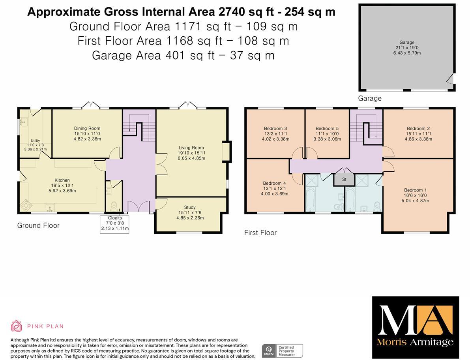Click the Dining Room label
[x=87, y=128]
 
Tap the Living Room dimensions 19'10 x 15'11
[x=192, y=153]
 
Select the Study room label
[x=190, y=207]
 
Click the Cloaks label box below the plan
[x=115, y=223]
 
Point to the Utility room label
[x=35, y=141]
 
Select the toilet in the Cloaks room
[x=114, y=205]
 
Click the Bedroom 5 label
[x=327, y=129]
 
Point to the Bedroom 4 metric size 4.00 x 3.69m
[x=275, y=193]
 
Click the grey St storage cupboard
[x=344, y=179]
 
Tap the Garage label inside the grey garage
[x=406, y=42]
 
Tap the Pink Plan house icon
[x=16, y=326]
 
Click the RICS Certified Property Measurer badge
[x=283, y=351]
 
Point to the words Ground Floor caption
[x=38, y=225]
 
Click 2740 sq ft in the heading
[x=237, y=12]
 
